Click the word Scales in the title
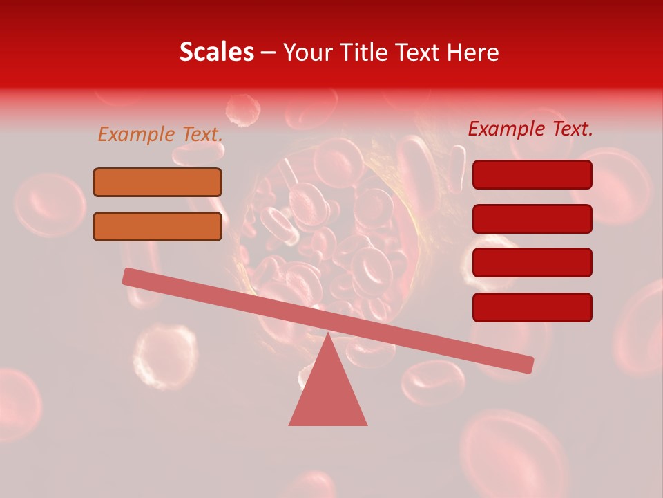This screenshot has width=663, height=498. pyautogui.click(x=216, y=53)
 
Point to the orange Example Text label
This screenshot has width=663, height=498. pyautogui.click(x=160, y=134)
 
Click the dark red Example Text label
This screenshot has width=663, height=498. pyautogui.click(x=530, y=129)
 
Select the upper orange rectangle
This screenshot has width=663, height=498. pyautogui.click(x=157, y=182)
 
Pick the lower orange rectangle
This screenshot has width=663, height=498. pyautogui.click(x=157, y=226)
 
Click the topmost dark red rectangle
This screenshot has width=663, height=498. pyautogui.click(x=532, y=174)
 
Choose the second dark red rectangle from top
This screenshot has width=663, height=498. pyautogui.click(x=532, y=219)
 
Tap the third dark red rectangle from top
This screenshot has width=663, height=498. pyautogui.click(x=532, y=262)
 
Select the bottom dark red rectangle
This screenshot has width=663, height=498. pyautogui.click(x=532, y=307)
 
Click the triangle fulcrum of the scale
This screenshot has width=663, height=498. pyautogui.click(x=328, y=391)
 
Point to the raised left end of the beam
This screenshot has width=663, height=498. pyautogui.click(x=128, y=276)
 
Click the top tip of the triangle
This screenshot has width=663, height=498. pyautogui.click(x=328, y=335)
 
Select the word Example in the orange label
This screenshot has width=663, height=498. pyautogui.click(x=136, y=134)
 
